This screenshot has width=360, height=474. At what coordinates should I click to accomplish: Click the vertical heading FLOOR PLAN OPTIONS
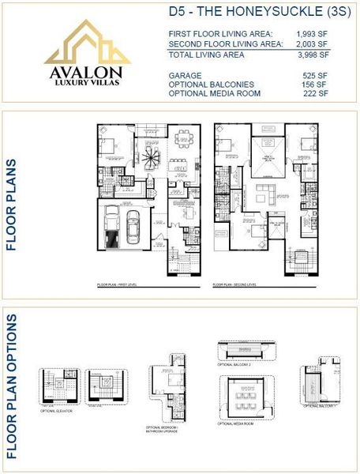pos(12,387)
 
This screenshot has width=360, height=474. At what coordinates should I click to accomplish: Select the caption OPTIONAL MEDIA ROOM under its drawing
pos(236,423)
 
